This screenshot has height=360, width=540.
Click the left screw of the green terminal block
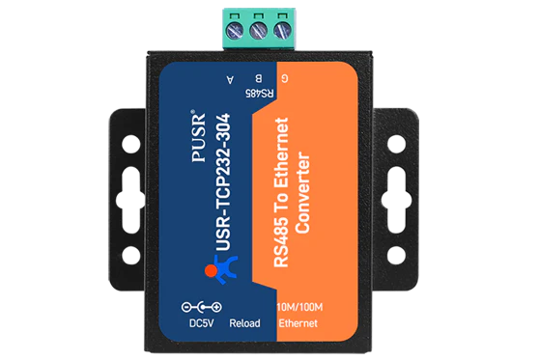click(x=235, y=31)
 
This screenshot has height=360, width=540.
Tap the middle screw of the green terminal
click(x=259, y=31)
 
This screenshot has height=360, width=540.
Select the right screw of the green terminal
click(x=282, y=31)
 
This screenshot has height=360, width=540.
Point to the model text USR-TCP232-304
click(x=222, y=182)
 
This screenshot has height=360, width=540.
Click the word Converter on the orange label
click(x=302, y=192)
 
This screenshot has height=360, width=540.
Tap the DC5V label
click(x=202, y=323)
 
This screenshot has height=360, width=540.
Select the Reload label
click(x=244, y=323)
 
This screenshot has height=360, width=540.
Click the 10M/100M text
click(x=300, y=307)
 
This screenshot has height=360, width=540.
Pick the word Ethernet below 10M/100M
click(x=298, y=323)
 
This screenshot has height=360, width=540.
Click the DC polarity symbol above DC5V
click(x=202, y=307)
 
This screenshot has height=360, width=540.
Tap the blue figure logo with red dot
click(x=221, y=269)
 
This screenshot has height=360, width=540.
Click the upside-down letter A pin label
click(x=230, y=79)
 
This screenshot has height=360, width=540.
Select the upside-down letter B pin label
click(x=259, y=79)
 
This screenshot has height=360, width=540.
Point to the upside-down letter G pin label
click(x=284, y=78)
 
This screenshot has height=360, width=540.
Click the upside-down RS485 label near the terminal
click(x=259, y=93)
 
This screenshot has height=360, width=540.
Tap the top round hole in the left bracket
click(x=131, y=144)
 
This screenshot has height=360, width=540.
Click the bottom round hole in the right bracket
click(x=397, y=256)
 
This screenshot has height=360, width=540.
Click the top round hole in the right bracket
click(x=397, y=144)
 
